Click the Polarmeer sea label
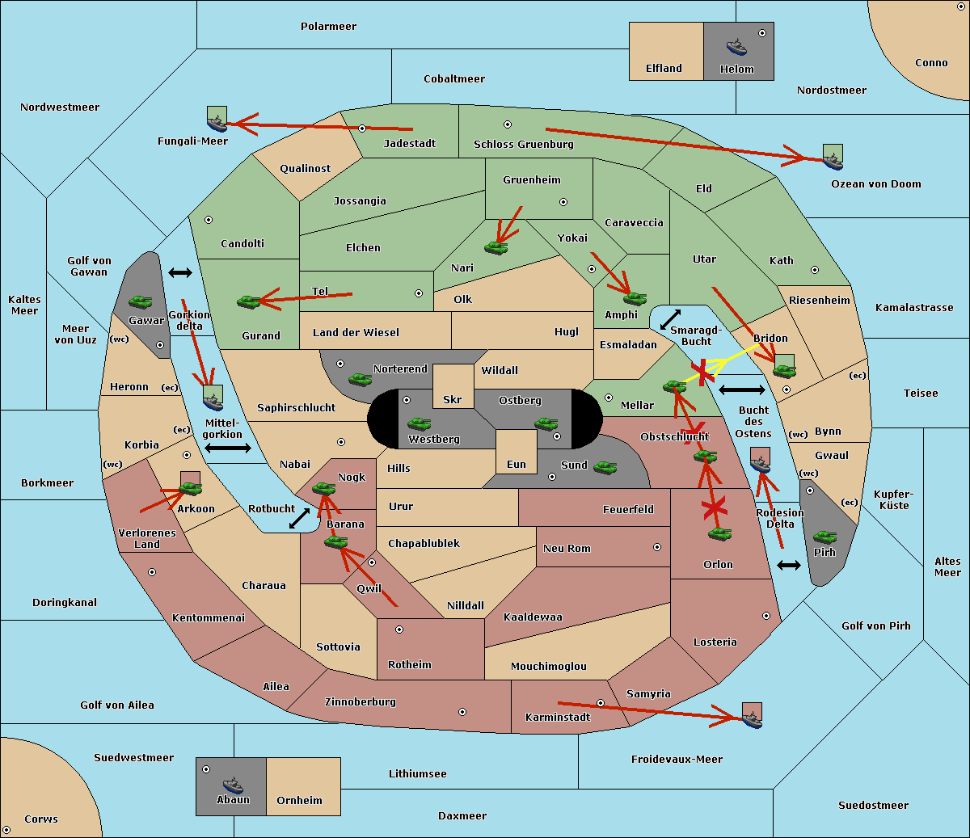coord(328,27)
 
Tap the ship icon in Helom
coord(736,46)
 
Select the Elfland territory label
coord(664,69)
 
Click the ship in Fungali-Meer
coord(217,122)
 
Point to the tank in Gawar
coord(141,302)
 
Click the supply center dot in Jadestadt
coord(362,128)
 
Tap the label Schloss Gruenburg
coord(523,145)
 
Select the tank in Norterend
coord(360,379)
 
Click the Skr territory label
coord(453,399)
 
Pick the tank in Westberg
coord(419,423)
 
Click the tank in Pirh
coord(824,537)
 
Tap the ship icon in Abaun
coord(232,785)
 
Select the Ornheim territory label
coord(299,801)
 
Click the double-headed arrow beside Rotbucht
coord(300,518)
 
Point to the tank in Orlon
coord(719,534)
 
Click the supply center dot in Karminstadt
coord(601,703)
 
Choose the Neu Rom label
coord(567,549)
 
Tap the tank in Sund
coord(605,467)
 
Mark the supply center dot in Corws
coord(6,830)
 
